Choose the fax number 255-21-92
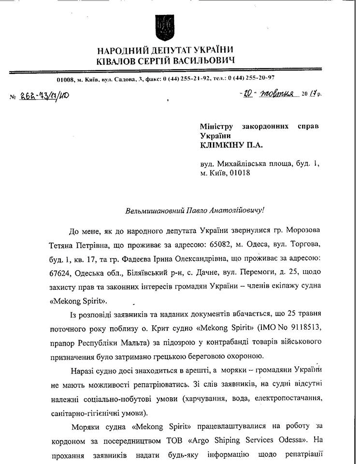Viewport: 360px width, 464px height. click(x=192, y=78)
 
